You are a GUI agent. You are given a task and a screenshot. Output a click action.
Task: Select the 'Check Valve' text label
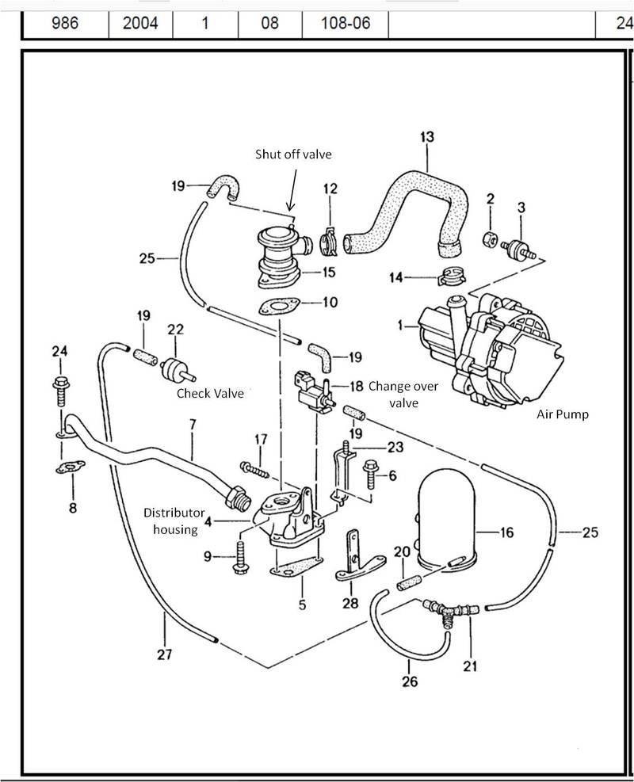pos(209,393)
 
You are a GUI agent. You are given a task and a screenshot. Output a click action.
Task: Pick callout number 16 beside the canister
pos(506,533)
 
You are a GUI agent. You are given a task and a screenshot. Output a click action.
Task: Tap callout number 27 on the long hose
pos(164,654)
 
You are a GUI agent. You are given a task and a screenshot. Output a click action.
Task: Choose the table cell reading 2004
pos(140,23)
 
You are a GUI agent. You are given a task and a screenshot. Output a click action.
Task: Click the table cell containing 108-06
pos(345,23)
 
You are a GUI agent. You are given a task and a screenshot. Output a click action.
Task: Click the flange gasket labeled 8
pos(71,468)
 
